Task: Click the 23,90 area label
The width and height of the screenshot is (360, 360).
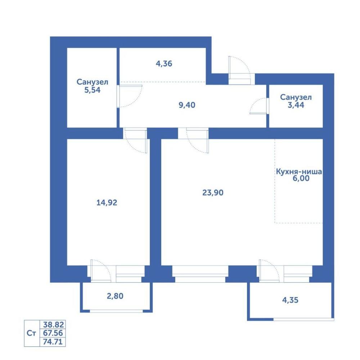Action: (213, 193)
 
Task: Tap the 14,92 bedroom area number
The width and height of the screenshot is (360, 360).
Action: (107, 202)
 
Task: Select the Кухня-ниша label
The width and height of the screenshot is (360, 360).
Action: (299, 171)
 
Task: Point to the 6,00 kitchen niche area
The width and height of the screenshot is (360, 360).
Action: (301, 178)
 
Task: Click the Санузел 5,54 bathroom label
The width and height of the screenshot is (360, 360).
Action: (92, 86)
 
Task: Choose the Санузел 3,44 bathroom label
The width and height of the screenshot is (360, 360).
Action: (296, 101)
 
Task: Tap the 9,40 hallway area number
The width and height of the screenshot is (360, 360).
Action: (187, 105)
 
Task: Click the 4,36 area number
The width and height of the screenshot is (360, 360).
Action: (164, 64)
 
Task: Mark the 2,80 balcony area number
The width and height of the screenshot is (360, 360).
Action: (115, 296)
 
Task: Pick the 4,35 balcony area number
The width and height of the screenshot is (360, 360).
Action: (290, 300)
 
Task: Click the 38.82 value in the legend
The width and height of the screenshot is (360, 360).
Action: (53, 325)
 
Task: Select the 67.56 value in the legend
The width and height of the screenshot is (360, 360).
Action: (53, 333)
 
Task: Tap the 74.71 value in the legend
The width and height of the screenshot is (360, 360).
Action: (53, 342)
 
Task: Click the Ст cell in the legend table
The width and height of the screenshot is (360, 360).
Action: (31, 333)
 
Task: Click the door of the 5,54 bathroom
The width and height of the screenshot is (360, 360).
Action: (130, 96)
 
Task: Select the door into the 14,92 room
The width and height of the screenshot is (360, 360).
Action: (135, 140)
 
